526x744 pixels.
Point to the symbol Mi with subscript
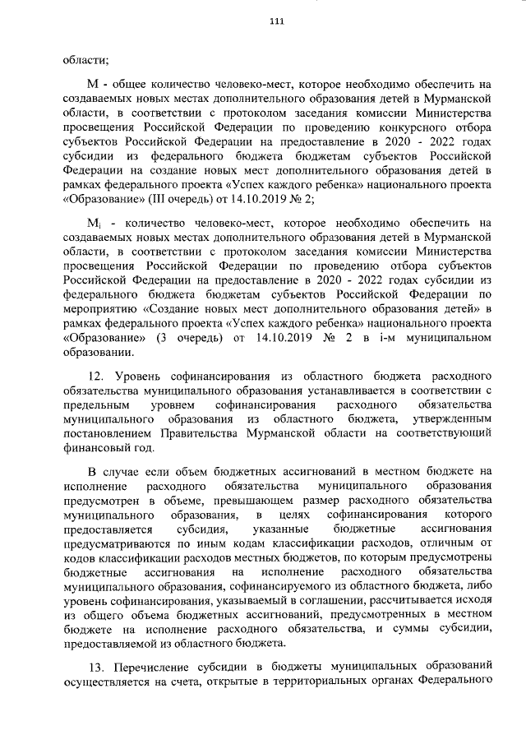click(94, 223)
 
